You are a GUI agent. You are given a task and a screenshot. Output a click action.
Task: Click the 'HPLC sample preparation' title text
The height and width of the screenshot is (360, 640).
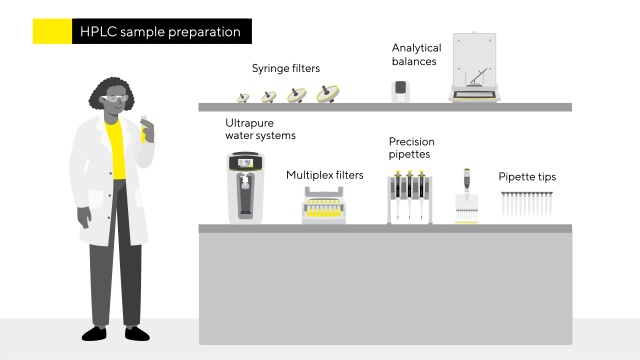coord(160,32)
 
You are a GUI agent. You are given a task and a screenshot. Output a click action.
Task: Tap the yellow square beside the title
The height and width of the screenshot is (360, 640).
coord(52,31)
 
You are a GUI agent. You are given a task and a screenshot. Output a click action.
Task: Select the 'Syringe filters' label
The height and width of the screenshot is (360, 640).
coord(286,68)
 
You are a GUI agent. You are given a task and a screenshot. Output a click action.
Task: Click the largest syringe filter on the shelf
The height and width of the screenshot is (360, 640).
coord(328,94)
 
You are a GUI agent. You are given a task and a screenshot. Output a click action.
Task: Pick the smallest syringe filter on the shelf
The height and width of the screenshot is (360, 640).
coord(243,98)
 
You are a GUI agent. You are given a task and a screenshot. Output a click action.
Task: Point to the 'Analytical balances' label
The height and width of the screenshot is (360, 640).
coord(416,55)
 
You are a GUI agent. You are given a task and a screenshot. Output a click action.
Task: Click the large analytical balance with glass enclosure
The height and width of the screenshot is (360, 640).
coord(474,67)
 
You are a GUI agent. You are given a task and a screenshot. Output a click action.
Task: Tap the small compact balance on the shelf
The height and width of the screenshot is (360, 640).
coord(400,91)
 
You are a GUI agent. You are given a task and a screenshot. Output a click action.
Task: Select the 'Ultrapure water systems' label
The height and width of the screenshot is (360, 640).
coord(260,129)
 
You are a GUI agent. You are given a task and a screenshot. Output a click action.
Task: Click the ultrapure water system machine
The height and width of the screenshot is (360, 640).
coord(245,187)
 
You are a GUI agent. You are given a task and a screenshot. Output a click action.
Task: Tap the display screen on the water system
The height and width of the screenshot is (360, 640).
coord(245,163)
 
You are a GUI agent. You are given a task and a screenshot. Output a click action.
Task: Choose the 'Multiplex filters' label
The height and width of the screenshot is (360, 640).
coord(324,175)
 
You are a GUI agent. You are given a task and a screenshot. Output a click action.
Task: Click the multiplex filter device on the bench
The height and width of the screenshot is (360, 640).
coord(324,205)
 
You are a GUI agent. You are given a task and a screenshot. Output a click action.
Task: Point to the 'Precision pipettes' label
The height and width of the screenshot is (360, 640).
coord(411,148)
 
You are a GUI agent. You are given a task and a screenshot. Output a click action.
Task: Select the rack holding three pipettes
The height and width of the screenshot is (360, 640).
coord(409,197)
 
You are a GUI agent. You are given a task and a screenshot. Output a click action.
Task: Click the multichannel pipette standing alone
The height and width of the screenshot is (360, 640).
coord(467,196)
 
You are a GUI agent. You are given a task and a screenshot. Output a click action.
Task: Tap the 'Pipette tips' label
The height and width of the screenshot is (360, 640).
coord(527,177)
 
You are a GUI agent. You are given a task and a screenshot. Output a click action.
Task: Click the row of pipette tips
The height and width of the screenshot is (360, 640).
coord(527,204)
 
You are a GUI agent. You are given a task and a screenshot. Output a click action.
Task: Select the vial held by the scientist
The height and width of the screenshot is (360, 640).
coord(144,129)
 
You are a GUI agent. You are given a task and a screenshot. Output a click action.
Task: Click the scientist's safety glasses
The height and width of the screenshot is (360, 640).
coord(115,98)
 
